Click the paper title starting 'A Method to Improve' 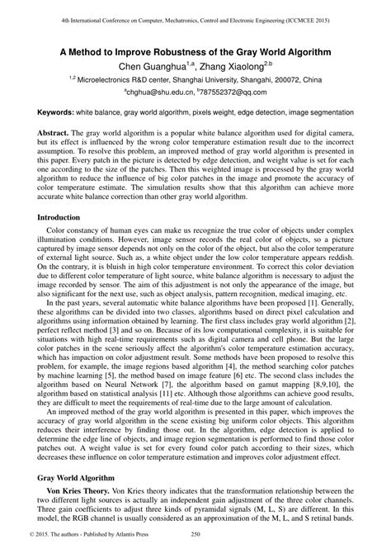coord(195,51)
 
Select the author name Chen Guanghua coord(152,65)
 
